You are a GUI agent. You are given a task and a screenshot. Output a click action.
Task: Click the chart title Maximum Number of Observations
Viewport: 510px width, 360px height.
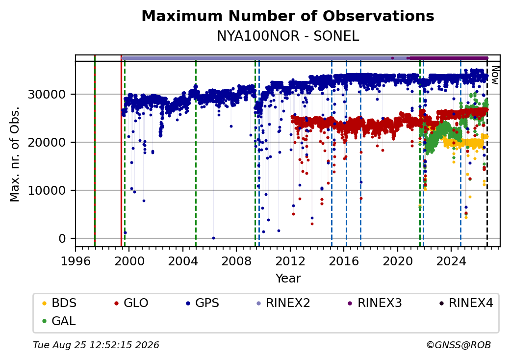[x=288, y=16]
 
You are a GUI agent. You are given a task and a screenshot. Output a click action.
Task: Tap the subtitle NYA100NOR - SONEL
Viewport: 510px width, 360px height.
[x=288, y=36]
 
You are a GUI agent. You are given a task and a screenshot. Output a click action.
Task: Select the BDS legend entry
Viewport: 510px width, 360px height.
[x=59, y=303]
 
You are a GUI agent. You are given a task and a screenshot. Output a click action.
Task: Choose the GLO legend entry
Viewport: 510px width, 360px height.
[x=131, y=303]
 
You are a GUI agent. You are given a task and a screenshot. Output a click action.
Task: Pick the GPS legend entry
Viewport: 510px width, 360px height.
[x=203, y=303]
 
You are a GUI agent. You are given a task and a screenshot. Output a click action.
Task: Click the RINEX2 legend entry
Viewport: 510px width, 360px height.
[x=283, y=303]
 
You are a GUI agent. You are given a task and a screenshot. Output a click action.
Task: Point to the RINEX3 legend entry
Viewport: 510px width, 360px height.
[x=375, y=303]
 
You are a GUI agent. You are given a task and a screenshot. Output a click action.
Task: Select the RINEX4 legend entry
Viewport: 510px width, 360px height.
[x=466, y=303]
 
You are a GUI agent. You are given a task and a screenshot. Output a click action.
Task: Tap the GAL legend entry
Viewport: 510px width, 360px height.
[x=59, y=321]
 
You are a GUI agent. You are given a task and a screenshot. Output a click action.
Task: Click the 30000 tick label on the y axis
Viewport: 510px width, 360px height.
[x=47, y=95]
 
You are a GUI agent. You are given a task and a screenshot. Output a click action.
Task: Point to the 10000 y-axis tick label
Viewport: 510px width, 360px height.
[x=47, y=191]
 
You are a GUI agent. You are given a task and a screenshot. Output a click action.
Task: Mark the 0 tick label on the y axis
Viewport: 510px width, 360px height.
[x=62, y=239]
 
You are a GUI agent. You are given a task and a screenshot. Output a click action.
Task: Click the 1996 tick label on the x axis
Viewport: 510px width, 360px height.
[x=76, y=261]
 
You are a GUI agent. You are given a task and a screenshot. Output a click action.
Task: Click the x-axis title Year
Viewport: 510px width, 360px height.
[x=288, y=279]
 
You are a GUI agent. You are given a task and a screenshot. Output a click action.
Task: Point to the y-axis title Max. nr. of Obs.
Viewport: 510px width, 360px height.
[x=15, y=154]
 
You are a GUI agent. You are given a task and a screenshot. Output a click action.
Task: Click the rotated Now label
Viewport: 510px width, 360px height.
[x=495, y=75]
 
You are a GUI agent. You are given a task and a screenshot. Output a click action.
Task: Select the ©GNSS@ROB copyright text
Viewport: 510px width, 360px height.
[x=459, y=345]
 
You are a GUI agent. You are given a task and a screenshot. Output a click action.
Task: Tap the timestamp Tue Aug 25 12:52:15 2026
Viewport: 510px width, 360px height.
[x=96, y=345]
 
